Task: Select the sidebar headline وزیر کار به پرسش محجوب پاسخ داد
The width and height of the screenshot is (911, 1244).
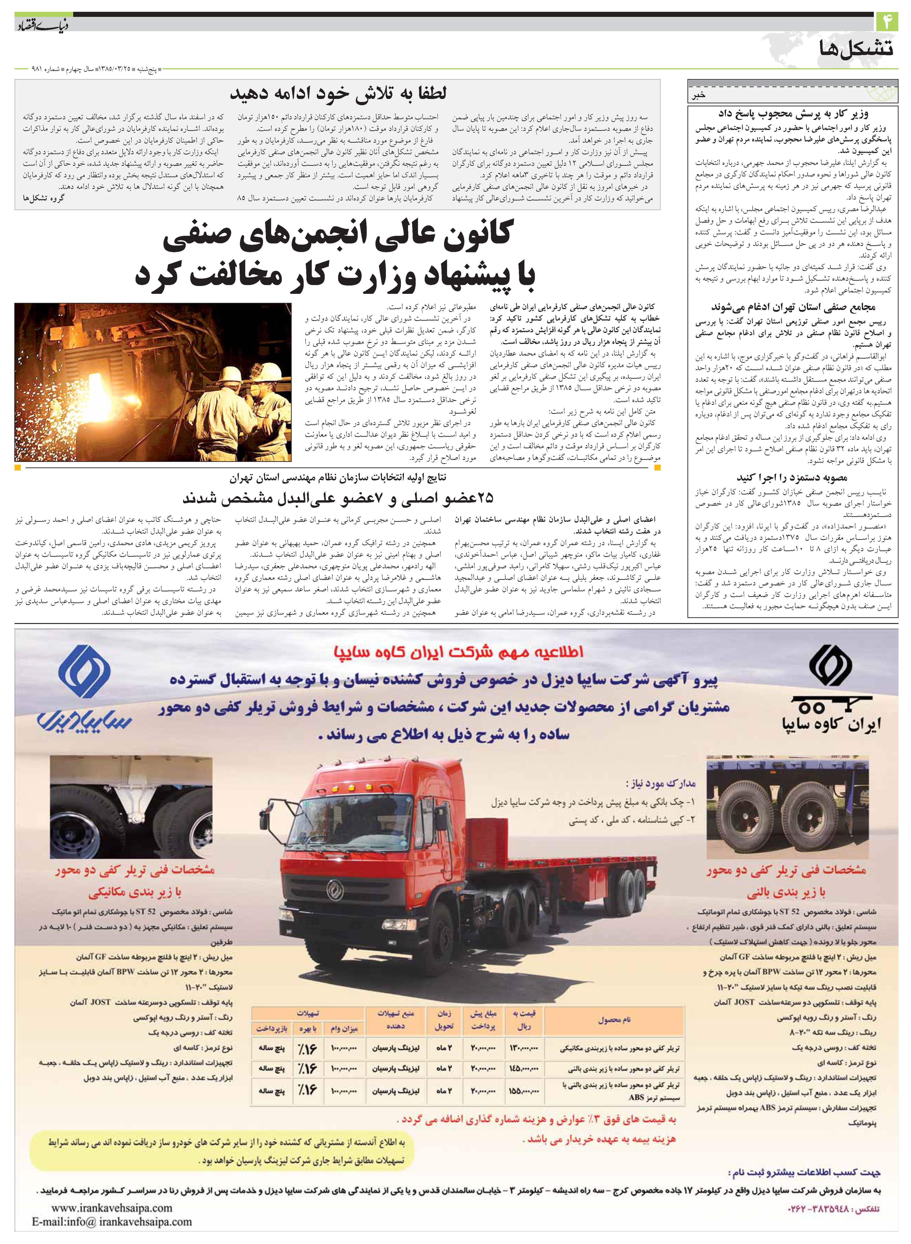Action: pos(793,114)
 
